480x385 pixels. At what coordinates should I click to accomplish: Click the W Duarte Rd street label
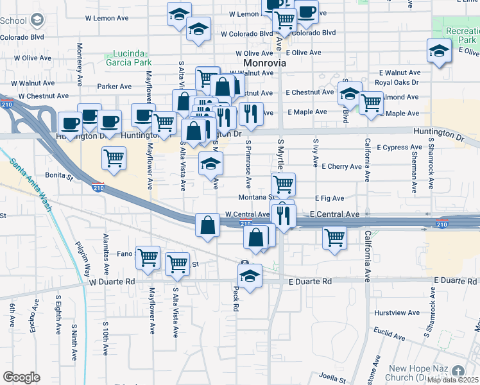click(x=112, y=282)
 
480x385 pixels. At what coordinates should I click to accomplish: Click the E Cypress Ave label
click(x=400, y=148)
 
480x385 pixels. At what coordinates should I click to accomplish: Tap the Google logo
click(x=21, y=377)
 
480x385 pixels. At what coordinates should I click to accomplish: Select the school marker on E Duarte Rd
click(x=249, y=276)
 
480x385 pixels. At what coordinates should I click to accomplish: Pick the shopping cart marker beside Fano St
click(x=148, y=257)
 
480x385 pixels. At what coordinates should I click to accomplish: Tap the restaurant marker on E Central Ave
click(x=283, y=215)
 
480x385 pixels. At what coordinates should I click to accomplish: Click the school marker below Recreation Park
click(x=440, y=51)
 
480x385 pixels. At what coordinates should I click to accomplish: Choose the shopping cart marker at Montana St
click(x=283, y=184)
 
